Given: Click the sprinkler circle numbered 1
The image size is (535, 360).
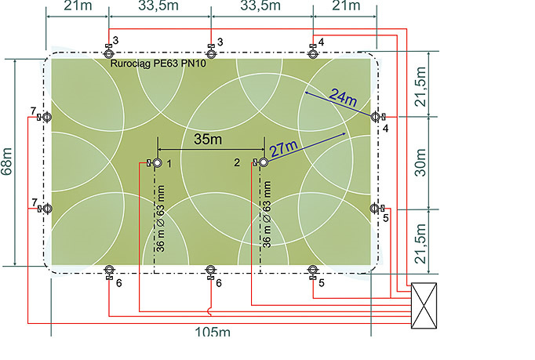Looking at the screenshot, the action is click(x=158, y=163).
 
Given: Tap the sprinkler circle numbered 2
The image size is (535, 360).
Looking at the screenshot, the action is click(x=264, y=162).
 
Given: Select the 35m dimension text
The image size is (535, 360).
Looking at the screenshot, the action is click(x=208, y=140).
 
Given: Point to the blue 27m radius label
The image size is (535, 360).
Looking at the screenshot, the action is click(x=284, y=149).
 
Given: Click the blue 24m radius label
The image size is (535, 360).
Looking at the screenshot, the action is click(x=344, y=97).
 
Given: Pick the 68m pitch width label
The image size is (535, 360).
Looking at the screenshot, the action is click(x=7, y=162).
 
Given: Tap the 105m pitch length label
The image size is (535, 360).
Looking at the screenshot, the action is click(x=213, y=332).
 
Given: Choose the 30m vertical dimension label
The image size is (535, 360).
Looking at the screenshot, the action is click(x=420, y=162).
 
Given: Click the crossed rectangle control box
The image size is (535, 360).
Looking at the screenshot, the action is click(x=424, y=306).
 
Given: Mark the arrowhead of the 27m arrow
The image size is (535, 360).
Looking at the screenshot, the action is click(x=344, y=134).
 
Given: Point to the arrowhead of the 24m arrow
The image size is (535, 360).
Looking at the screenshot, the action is click(x=307, y=93).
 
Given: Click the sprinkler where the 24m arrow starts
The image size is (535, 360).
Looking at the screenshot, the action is click(x=375, y=117).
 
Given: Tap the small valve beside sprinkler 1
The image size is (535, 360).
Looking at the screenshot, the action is click(x=149, y=163).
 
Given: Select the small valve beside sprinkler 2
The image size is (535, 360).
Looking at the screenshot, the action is click(x=255, y=162).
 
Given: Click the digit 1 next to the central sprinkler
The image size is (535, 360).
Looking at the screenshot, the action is click(x=169, y=164).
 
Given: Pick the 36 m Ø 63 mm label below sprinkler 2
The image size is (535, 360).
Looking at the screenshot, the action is click(x=267, y=215).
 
